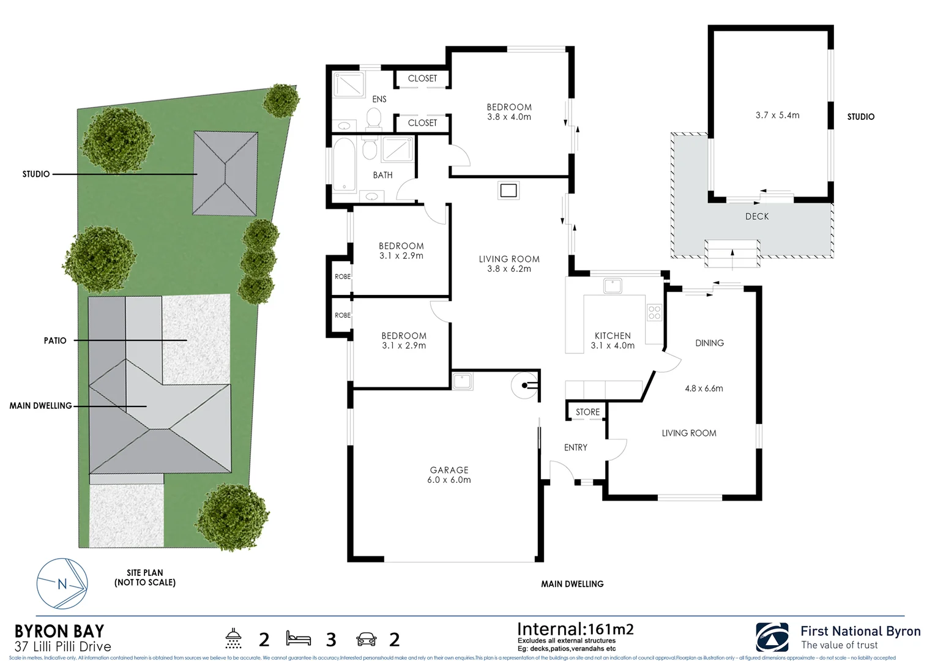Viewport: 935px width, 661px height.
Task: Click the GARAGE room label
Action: pos(449,470)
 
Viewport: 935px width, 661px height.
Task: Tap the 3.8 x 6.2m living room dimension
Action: pos(508,269)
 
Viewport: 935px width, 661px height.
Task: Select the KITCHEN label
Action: pos(612,335)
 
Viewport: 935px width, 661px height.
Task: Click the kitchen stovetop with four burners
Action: pos(654,313)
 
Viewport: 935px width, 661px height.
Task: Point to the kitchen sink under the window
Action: pos(612,286)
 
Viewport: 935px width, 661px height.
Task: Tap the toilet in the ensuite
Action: pos(373,118)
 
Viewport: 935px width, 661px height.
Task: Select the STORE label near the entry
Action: pos(587,412)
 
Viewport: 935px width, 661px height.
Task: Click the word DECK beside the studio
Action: pos(756,217)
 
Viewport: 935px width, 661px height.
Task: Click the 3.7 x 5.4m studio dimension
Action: pos(777,115)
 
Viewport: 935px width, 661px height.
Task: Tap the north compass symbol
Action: pos(62,584)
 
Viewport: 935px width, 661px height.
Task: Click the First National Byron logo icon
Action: pos(772,638)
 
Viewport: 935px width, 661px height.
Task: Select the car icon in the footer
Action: pos(366,640)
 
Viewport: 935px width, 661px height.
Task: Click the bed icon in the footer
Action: pos(298,639)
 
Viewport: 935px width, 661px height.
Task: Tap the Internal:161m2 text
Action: pos(575,629)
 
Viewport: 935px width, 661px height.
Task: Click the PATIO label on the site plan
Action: pos(55,340)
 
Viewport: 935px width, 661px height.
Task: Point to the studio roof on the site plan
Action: pos(225,173)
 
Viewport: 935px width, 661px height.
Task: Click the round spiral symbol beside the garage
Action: pos(523,385)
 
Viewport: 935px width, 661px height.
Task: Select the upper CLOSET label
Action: pos(422,78)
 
